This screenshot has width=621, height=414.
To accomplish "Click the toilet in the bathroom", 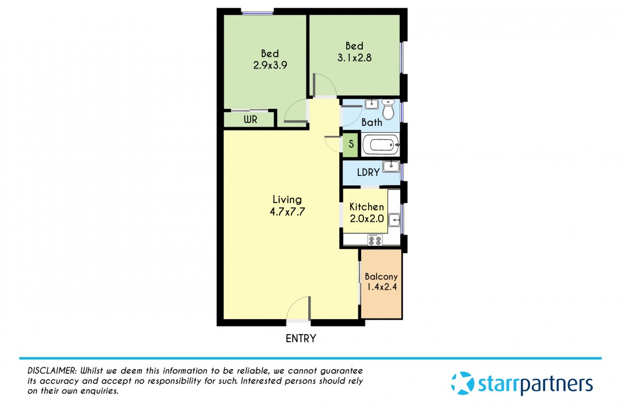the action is point(389,109).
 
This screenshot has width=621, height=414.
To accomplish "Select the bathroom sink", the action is point(371,104).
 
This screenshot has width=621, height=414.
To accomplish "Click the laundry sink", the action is point(391,166).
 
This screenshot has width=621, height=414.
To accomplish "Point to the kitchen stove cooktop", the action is point(375,240).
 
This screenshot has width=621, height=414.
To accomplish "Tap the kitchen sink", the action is point(394,220).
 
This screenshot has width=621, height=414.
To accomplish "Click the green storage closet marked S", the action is point(351,144).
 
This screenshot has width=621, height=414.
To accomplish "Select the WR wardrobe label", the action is point(250,119).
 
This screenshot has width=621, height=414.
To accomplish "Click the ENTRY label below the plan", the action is point(301,338).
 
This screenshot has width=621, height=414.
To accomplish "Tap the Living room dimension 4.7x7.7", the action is point(287,212).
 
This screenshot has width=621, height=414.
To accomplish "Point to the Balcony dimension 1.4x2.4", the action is point(382,287).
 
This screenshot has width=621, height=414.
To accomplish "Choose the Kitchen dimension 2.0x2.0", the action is point(367,218).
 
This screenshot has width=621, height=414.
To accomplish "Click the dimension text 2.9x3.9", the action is point(270,65).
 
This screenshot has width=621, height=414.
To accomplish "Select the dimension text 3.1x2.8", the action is point(354,57).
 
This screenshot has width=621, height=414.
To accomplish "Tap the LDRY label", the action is point(369,172).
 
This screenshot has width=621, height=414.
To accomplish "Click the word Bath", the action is point(372,122).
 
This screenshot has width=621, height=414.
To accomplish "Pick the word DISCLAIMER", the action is point(52,371).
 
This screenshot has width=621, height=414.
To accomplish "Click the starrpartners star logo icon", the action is point(462,383).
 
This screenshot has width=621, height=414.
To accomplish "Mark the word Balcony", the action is point(381,277).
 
